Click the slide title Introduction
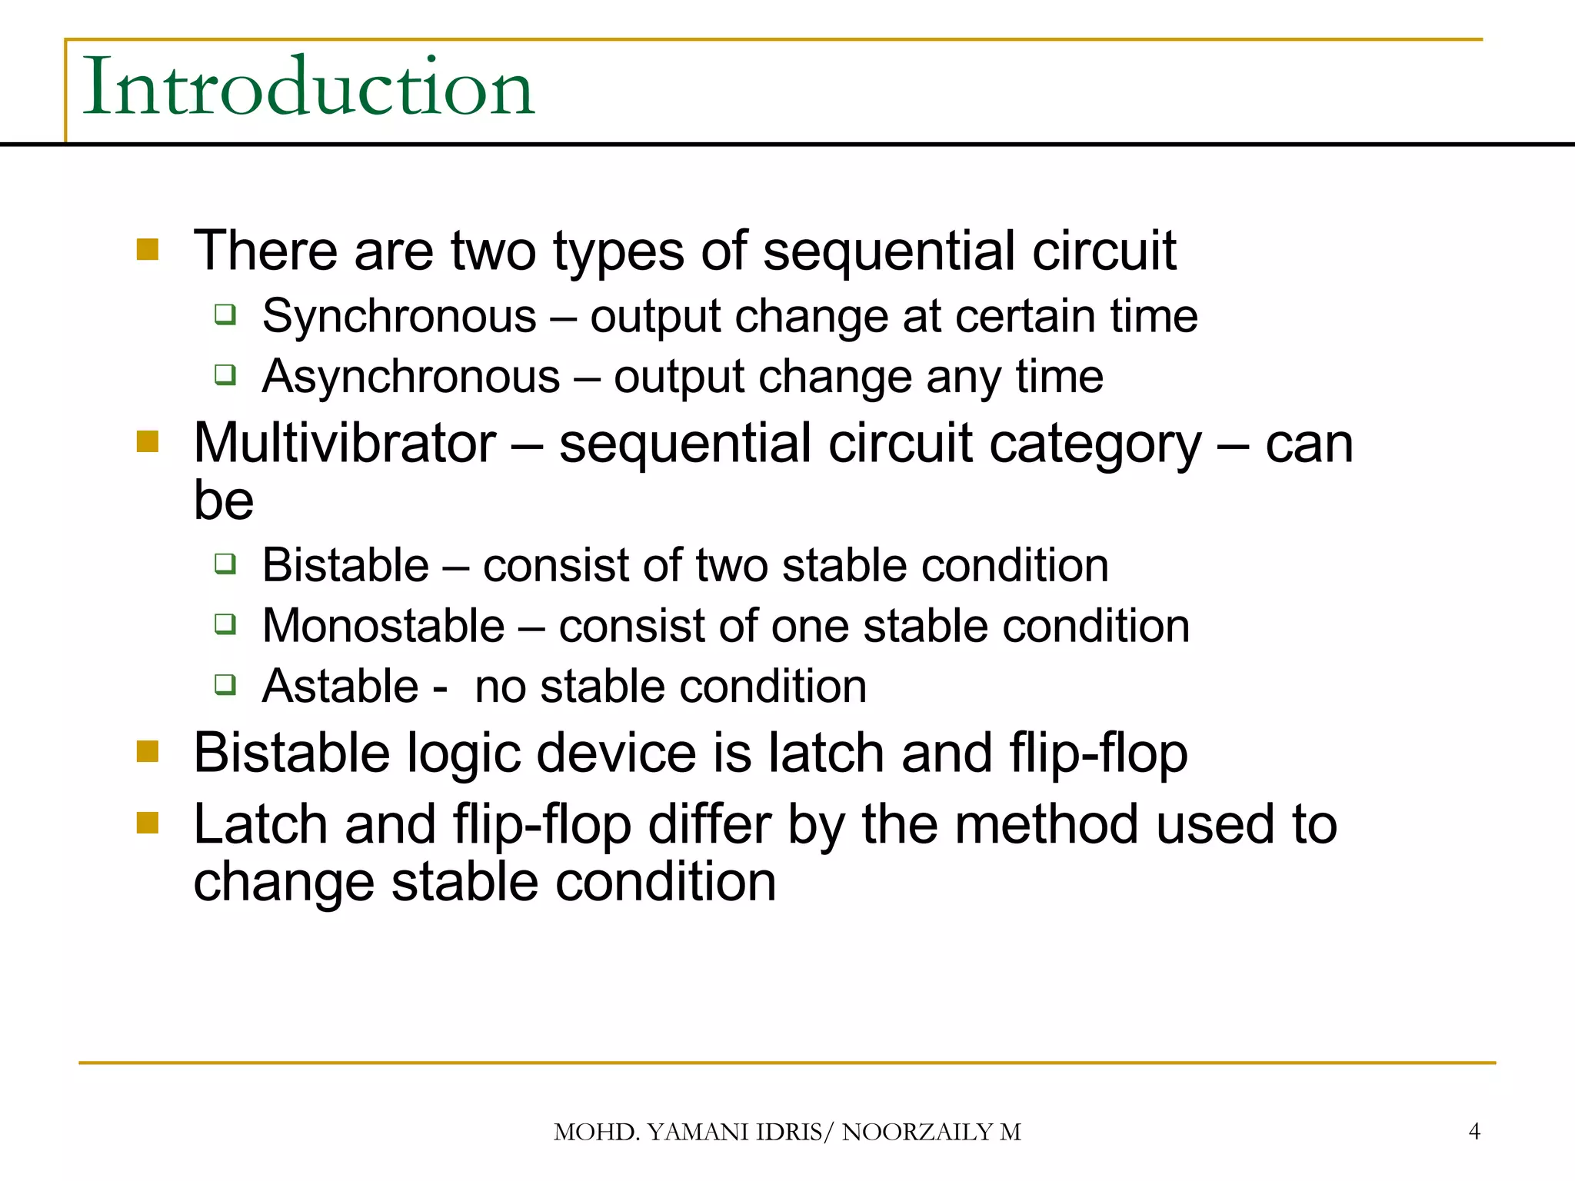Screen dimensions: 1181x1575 point(308,88)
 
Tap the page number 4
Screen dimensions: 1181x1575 point(1473,1131)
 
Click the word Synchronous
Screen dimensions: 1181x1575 point(398,316)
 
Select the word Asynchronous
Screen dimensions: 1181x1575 point(411,377)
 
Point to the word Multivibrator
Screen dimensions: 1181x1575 point(344,444)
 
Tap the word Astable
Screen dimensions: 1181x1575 point(340,686)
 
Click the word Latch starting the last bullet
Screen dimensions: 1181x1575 point(260,824)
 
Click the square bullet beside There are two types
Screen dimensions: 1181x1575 point(147,249)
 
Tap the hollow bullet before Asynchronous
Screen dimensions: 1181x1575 point(225,375)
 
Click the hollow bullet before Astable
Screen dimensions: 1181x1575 point(225,684)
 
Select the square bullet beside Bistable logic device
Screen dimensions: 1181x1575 point(147,751)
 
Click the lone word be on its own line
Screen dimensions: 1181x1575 point(223,501)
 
